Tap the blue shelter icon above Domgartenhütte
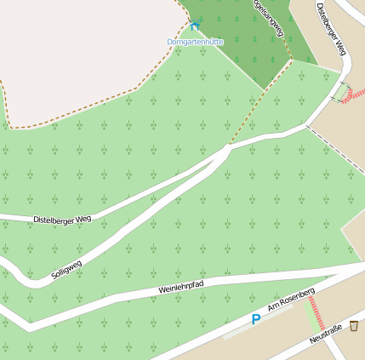click(x=196, y=26)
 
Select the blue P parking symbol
click(x=255, y=320)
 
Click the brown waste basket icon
click(x=353, y=326)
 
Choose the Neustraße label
click(x=325, y=334)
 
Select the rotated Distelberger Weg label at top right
click(x=332, y=29)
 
